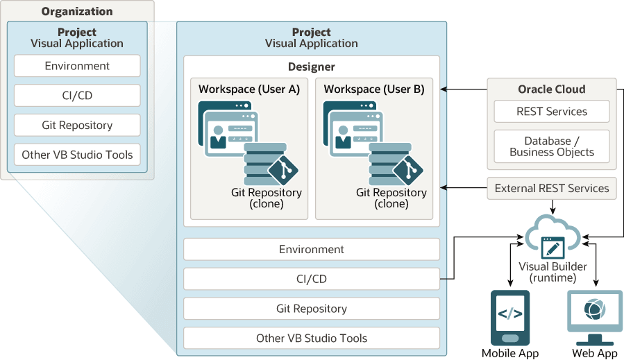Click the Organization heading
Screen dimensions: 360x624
tap(77, 11)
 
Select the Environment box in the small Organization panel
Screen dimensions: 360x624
tap(77, 66)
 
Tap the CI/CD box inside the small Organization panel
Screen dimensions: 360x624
tap(77, 96)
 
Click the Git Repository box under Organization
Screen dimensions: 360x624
tap(77, 126)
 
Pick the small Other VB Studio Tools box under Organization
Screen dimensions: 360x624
tap(77, 155)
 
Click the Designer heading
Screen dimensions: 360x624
tap(311, 67)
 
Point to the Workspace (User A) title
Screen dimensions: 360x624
tap(249, 89)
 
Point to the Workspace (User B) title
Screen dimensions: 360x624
tap(374, 89)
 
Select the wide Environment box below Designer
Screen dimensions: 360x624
tap(311, 249)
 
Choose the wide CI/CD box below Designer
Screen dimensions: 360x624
tap(311, 279)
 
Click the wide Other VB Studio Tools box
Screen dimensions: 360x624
tap(311, 338)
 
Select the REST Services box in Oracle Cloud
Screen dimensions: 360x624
tap(552, 112)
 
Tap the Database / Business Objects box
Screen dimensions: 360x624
tap(552, 146)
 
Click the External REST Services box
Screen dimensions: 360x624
tap(552, 188)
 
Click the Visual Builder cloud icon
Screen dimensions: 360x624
tap(553, 239)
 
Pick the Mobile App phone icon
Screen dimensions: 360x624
tap(510, 318)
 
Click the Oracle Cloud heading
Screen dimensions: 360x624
tap(552, 89)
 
